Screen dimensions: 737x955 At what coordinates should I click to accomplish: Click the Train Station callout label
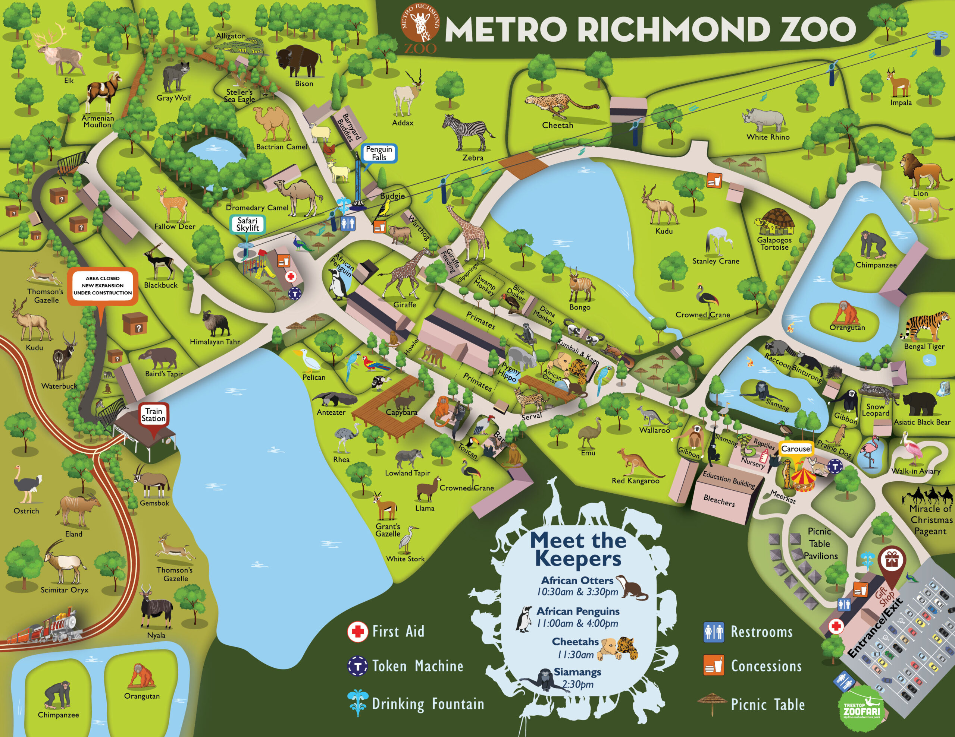tap(153, 415)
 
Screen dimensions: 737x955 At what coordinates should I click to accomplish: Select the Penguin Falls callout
tap(379, 154)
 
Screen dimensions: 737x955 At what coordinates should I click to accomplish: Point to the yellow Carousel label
tap(796, 449)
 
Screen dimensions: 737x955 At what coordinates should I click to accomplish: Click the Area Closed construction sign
tap(102, 286)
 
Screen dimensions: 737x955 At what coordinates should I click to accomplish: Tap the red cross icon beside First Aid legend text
tap(357, 632)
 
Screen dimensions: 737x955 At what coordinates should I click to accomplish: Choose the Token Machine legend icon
tap(357, 666)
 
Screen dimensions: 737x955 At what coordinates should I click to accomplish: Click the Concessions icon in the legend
tap(713, 665)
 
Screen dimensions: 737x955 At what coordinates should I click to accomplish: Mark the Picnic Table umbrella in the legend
tap(712, 702)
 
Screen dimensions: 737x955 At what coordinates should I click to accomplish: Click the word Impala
tap(901, 103)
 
